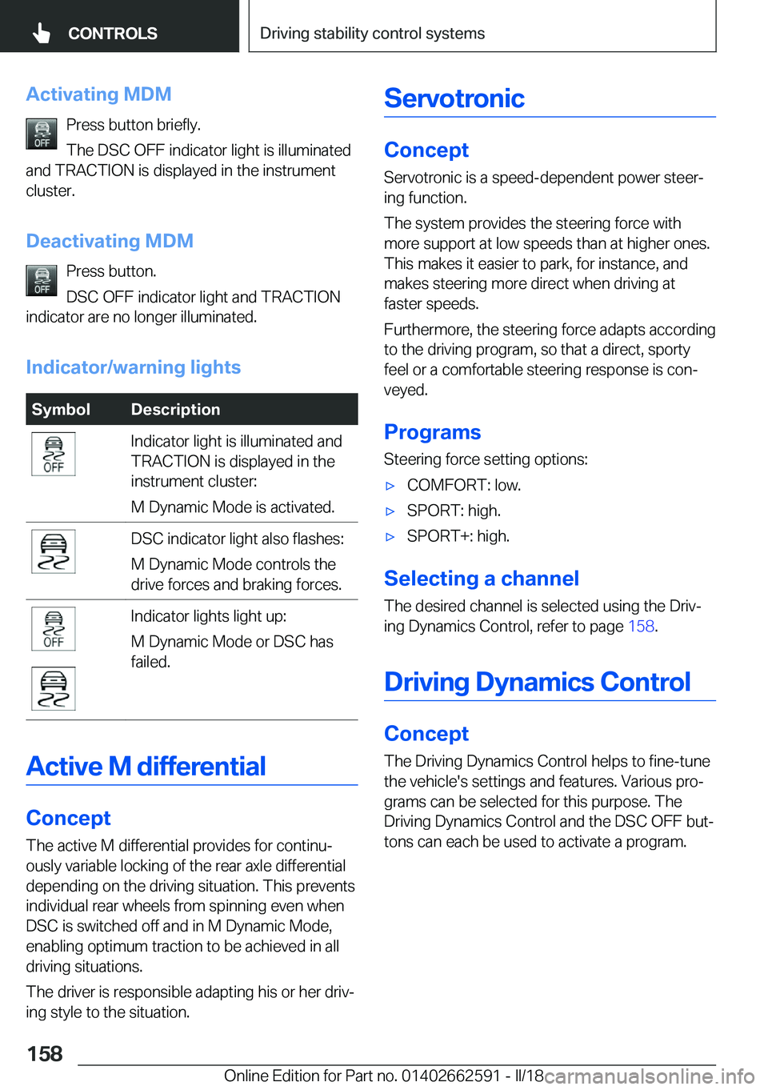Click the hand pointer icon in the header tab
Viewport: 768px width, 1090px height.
coord(42,33)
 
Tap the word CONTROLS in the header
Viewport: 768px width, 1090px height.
coord(112,34)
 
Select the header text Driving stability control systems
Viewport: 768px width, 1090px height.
coord(372,34)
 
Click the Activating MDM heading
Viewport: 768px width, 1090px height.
coord(98,94)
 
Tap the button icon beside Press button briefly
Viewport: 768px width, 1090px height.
coord(42,134)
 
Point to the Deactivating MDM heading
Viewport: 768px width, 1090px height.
coord(110,241)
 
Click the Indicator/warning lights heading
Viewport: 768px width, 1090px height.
coord(133,367)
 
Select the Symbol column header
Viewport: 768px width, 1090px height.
coord(61,410)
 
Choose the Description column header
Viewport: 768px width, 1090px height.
coord(175,410)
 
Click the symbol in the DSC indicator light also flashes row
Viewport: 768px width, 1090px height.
coord(54,551)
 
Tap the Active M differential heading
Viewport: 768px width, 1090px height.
coord(146,767)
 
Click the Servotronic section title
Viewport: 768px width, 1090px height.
coord(454,98)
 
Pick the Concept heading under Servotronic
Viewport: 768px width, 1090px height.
coord(426,150)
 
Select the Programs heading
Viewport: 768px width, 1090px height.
coord(432,432)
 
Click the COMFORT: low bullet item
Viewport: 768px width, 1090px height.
coord(463,485)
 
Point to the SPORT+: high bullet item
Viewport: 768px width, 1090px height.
coord(458,536)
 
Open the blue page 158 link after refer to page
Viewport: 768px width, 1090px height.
coord(641,627)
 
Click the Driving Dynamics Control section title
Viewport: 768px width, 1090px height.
coord(537,682)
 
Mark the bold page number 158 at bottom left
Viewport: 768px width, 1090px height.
coord(45,1054)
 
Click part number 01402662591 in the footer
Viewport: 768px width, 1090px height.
coord(450,1076)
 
